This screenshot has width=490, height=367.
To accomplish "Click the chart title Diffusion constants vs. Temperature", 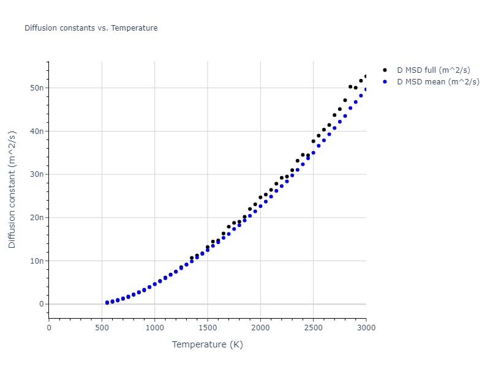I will click(x=91, y=28).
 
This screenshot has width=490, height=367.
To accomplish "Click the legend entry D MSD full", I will click(x=437, y=70).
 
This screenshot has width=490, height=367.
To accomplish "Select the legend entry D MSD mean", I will click(x=438, y=81).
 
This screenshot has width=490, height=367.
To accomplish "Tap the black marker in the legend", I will click(x=385, y=70).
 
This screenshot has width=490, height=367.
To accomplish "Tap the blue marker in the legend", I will click(x=385, y=81).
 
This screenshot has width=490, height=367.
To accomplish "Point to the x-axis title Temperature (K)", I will click(x=208, y=344).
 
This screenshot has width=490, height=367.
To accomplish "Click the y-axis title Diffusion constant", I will click(x=12, y=189).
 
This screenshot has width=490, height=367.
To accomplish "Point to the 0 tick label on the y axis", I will click(x=42, y=304).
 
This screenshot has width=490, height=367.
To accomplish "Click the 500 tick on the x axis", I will click(x=102, y=327).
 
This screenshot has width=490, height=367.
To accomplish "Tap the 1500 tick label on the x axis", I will click(x=208, y=327).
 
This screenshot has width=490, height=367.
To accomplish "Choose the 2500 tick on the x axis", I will click(x=313, y=327).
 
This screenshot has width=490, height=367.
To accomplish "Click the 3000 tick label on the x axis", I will click(x=366, y=327).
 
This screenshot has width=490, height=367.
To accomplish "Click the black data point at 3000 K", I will click(x=366, y=76).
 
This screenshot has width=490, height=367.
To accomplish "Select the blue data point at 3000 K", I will click(x=366, y=89).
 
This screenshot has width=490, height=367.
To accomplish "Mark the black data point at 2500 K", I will click(x=313, y=141).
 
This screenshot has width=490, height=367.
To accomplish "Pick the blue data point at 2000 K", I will click(x=260, y=206).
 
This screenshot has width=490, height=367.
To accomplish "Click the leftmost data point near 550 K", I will click(x=107, y=303).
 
